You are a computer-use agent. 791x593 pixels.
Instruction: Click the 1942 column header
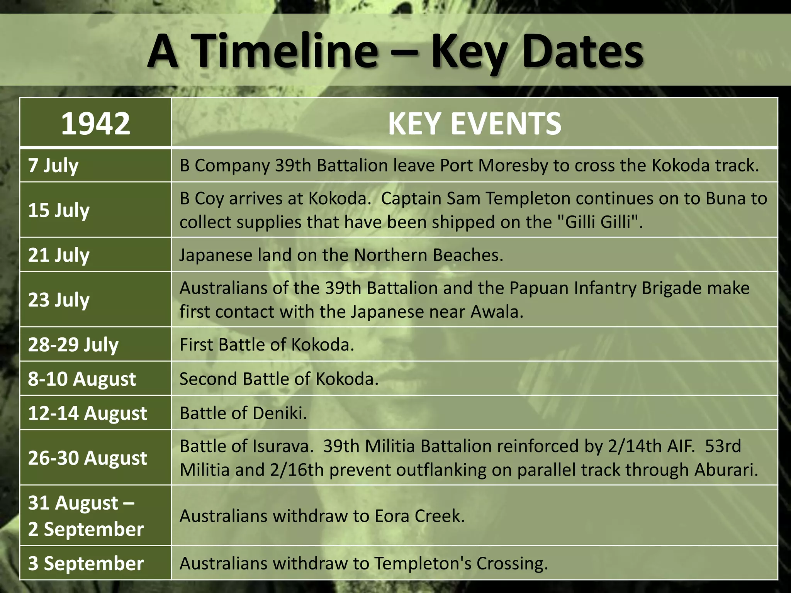pyautogui.click(x=95, y=123)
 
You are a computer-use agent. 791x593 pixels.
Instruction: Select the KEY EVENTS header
pyautogui.click(x=474, y=123)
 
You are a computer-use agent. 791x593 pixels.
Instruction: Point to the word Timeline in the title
pyautogui.click(x=285, y=51)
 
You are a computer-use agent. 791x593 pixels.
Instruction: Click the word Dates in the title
pyautogui.click(x=582, y=51)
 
